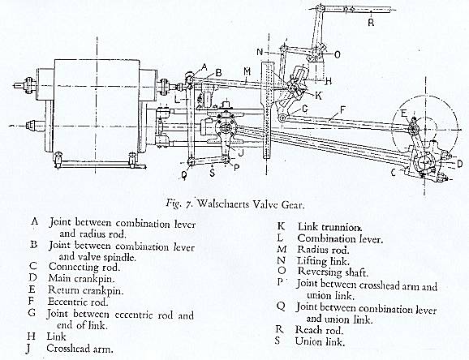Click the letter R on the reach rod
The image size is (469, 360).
tap(371, 22)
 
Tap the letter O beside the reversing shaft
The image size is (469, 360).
tap(337, 54)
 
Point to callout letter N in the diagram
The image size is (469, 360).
tap(260, 53)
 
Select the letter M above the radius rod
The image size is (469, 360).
tap(247, 71)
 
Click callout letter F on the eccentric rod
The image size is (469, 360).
tap(342, 110)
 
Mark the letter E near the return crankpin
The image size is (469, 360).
tap(404, 114)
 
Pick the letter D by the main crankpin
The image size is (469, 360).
tap(460, 163)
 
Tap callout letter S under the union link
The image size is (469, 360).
tap(213, 173)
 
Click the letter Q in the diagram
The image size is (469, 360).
tap(184, 174)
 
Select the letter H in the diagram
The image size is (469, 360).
tap(328, 81)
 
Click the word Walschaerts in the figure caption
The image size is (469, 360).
tap(223, 204)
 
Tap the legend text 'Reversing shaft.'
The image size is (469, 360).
tap(333, 272)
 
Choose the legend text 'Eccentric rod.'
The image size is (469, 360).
tap(78, 302)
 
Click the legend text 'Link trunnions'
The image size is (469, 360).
tap(330, 227)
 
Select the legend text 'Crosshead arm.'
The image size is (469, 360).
tap(80, 349)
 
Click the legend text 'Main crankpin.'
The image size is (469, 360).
tap(81, 279)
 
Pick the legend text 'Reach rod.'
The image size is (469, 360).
tap(319, 330)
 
